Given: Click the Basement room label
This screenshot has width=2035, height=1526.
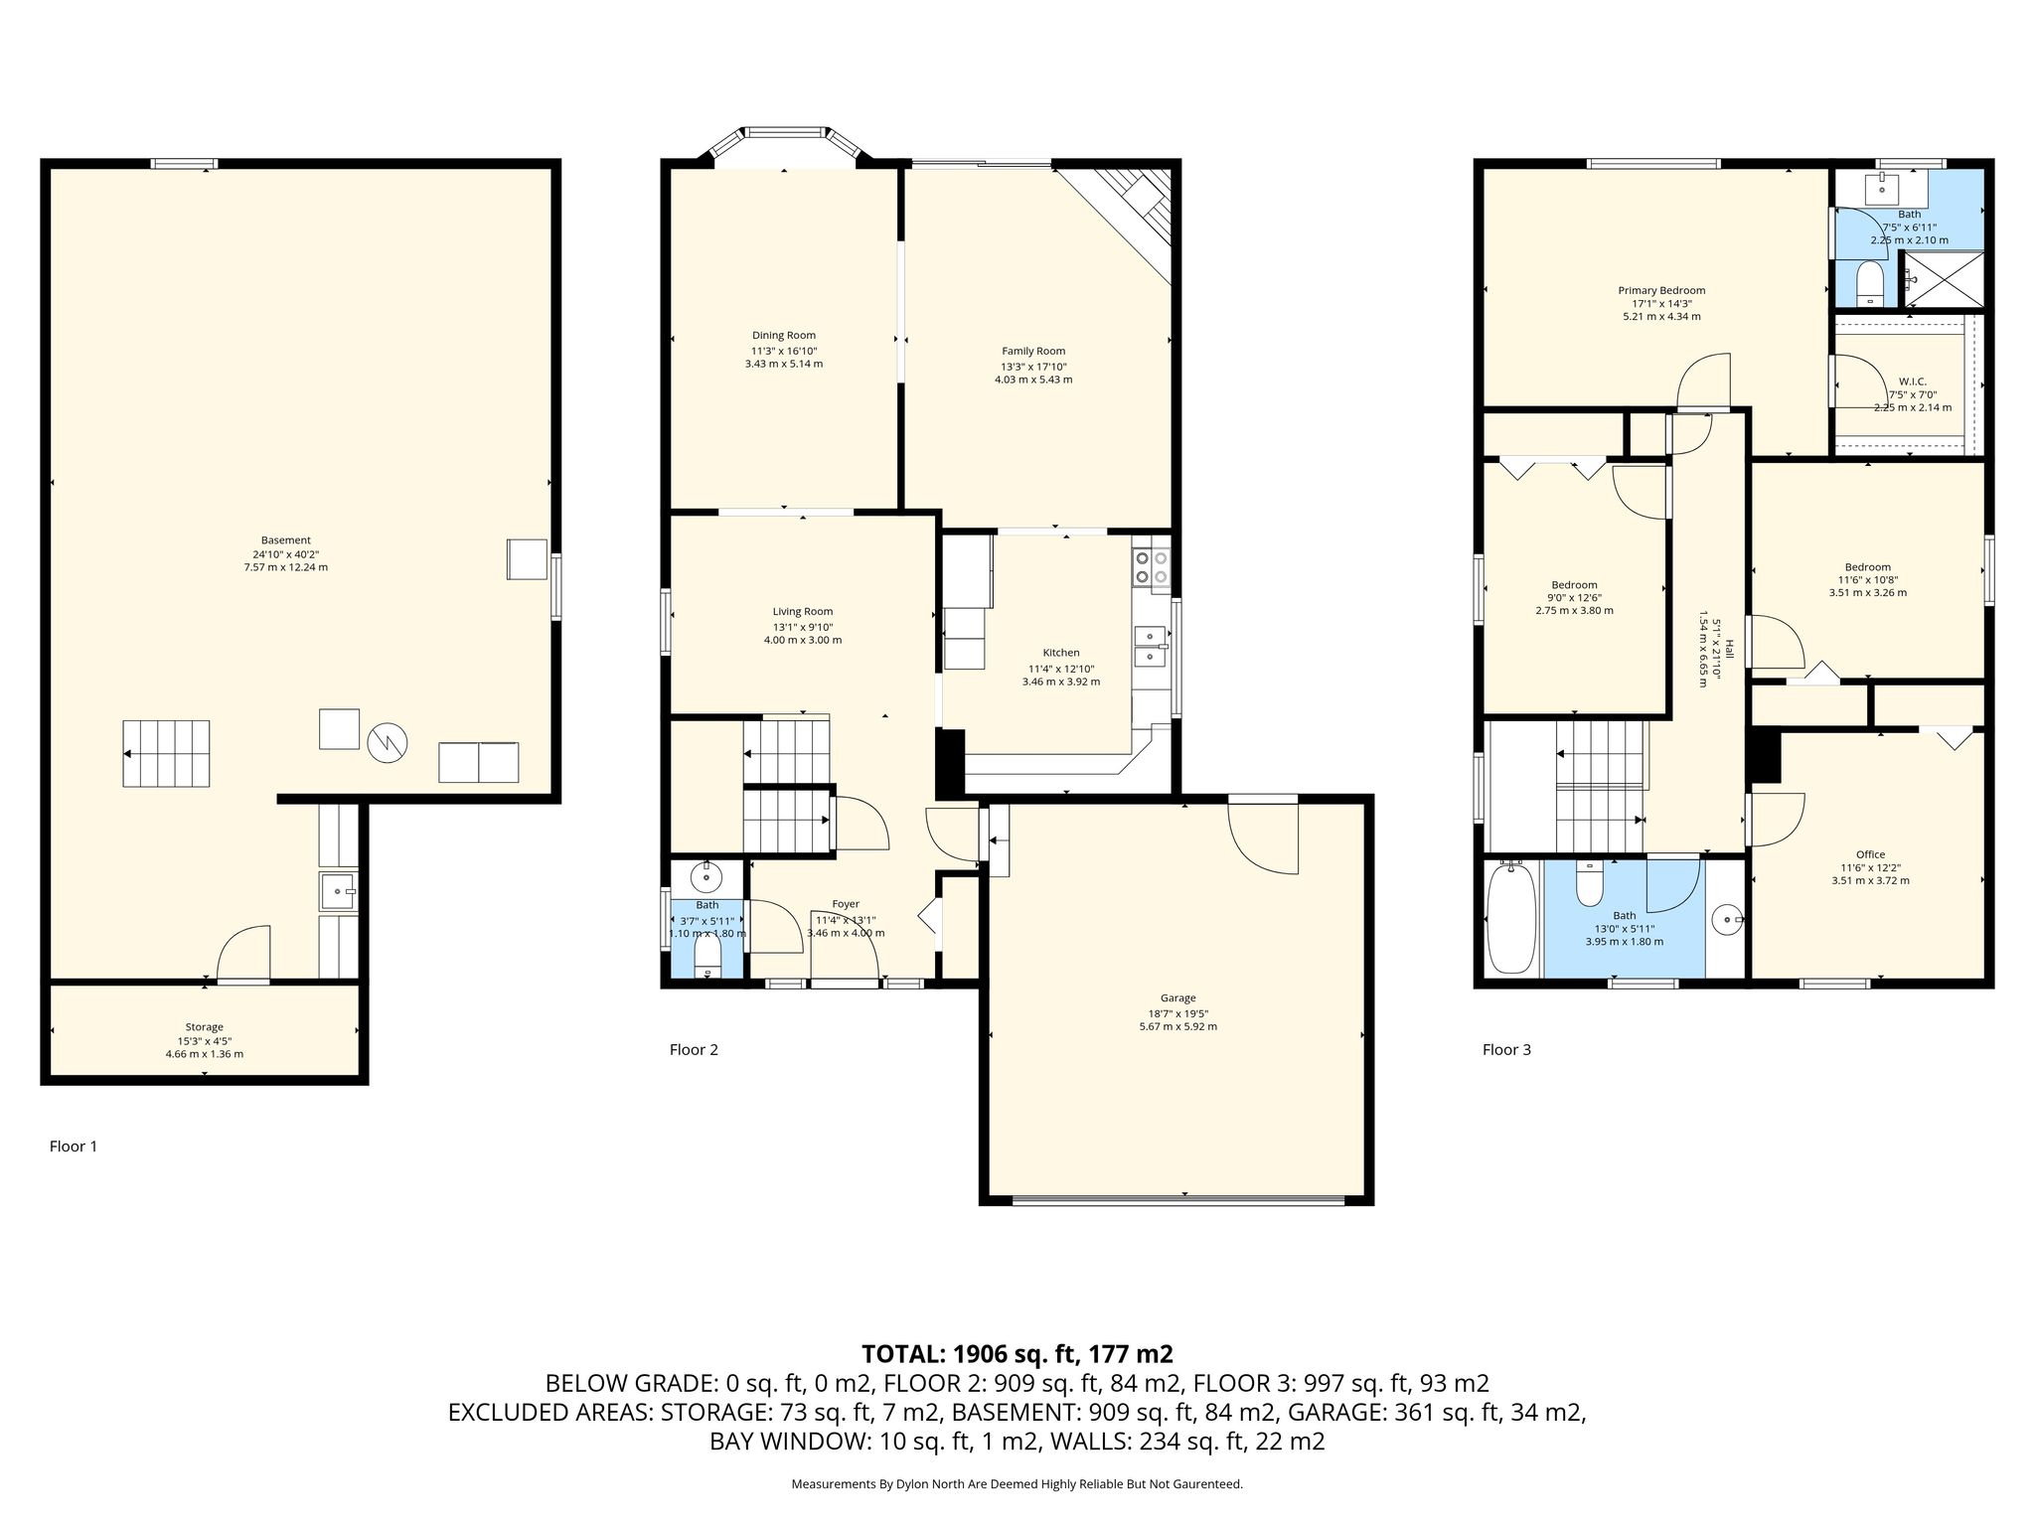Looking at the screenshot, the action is (x=286, y=540).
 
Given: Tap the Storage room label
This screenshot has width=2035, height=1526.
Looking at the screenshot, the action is (x=205, y=1027).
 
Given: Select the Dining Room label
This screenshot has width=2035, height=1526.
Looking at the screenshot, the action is (x=784, y=336).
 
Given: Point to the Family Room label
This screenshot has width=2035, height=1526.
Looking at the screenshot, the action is (x=1033, y=351).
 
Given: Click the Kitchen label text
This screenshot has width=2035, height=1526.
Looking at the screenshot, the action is (x=1061, y=653).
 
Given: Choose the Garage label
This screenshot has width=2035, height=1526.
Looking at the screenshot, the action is (x=1177, y=998).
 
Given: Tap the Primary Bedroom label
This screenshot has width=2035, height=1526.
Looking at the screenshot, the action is (x=1661, y=291).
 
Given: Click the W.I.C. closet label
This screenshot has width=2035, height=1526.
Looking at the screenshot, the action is (x=1912, y=381).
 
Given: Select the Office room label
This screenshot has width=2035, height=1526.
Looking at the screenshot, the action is (x=1870, y=854).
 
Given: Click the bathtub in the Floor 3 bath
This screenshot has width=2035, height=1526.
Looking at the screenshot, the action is (x=1512, y=919).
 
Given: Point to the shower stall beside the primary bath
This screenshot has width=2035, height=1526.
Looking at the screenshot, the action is (x=1943, y=279).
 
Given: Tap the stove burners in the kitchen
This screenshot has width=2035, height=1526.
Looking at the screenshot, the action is (x=1152, y=567).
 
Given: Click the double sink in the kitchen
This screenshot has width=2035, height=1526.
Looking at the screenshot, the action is (x=1152, y=646).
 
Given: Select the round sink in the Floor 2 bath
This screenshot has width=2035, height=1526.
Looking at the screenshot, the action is (x=706, y=877).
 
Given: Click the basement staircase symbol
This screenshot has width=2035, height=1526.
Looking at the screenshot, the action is (x=166, y=754).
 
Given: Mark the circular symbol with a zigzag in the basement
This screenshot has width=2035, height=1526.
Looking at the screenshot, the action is (x=387, y=742).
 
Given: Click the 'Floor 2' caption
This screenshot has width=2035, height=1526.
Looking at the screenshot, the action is (x=694, y=1049).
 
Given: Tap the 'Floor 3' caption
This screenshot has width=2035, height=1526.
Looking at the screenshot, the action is (x=1506, y=1049).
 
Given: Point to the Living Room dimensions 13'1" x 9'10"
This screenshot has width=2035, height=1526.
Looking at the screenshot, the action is (x=803, y=627).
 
